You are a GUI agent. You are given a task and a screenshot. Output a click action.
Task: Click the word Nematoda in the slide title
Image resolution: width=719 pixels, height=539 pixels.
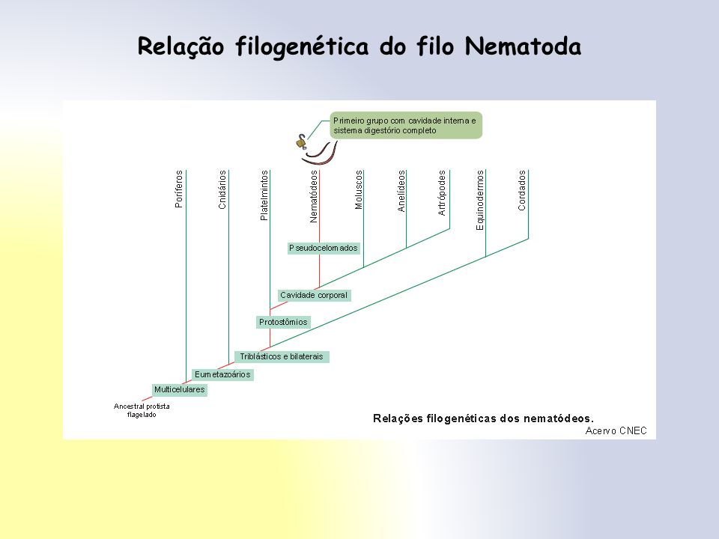[x=524, y=46]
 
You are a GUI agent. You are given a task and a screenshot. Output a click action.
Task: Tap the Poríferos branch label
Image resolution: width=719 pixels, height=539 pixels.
[x=179, y=189]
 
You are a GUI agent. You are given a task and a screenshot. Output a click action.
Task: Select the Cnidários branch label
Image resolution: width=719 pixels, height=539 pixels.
[x=222, y=189]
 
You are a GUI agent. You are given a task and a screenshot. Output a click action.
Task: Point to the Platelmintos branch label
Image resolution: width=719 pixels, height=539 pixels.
[x=264, y=195]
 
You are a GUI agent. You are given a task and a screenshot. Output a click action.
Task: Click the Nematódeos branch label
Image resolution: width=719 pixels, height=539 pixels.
[x=314, y=197]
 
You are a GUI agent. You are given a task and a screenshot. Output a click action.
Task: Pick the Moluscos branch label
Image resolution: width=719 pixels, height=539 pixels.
[x=359, y=189]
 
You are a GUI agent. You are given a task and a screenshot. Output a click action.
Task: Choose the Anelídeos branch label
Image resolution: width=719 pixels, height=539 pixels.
[x=401, y=191]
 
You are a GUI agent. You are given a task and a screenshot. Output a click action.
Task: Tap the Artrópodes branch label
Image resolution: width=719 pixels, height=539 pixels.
[x=442, y=193]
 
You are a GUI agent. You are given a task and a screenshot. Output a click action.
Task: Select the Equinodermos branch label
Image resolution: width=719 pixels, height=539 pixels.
[x=480, y=201]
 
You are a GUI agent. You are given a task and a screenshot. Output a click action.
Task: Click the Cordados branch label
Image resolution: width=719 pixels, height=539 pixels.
[x=522, y=190]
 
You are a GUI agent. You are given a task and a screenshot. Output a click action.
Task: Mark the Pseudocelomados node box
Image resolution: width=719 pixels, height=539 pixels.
[x=324, y=248]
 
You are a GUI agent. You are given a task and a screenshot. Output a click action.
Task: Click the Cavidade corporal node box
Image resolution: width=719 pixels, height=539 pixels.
[x=314, y=295]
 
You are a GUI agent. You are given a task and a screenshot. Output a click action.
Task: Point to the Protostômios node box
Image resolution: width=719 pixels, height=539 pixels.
[x=283, y=322]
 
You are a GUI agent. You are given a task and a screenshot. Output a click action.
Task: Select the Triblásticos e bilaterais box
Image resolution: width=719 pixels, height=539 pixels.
[x=282, y=356]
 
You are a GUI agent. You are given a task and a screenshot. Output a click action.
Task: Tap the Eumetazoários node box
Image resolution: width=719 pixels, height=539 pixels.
[x=222, y=374]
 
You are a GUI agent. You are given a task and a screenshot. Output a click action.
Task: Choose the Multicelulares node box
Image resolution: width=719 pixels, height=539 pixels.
[x=179, y=389]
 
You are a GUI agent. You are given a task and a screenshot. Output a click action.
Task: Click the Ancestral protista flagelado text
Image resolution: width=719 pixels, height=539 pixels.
[x=142, y=410]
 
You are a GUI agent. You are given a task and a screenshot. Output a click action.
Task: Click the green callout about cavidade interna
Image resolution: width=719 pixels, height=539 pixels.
[x=406, y=125]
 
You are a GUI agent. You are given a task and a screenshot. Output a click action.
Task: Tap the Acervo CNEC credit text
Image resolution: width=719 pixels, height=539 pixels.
[x=616, y=431]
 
